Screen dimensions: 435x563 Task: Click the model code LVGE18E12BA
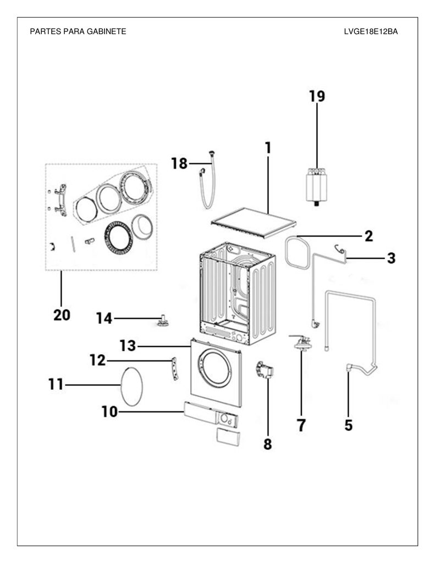point(371,31)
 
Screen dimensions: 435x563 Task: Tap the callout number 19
point(317,96)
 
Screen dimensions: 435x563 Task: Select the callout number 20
point(62,315)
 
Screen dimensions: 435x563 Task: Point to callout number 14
point(104,318)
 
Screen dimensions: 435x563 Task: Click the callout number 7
point(301,425)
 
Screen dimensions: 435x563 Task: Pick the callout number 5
point(349,425)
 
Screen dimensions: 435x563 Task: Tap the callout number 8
point(268,444)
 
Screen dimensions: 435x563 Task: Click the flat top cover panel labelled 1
point(254,223)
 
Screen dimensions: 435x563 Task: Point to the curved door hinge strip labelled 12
point(174,368)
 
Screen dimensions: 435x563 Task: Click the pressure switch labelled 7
point(302,343)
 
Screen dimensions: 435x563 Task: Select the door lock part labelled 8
point(265,370)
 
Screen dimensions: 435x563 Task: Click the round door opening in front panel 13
point(214,368)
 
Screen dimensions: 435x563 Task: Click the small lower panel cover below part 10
point(228,437)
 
